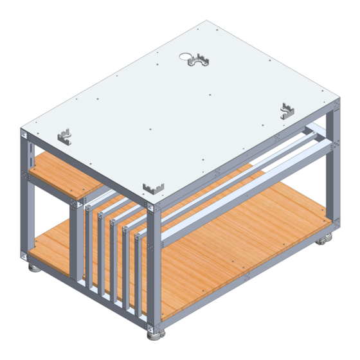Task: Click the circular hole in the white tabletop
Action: click(x=192, y=55)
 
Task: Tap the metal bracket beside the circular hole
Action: click(x=201, y=62)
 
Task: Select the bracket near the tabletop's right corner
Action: click(x=289, y=111)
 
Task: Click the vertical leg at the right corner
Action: click(x=332, y=174)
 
